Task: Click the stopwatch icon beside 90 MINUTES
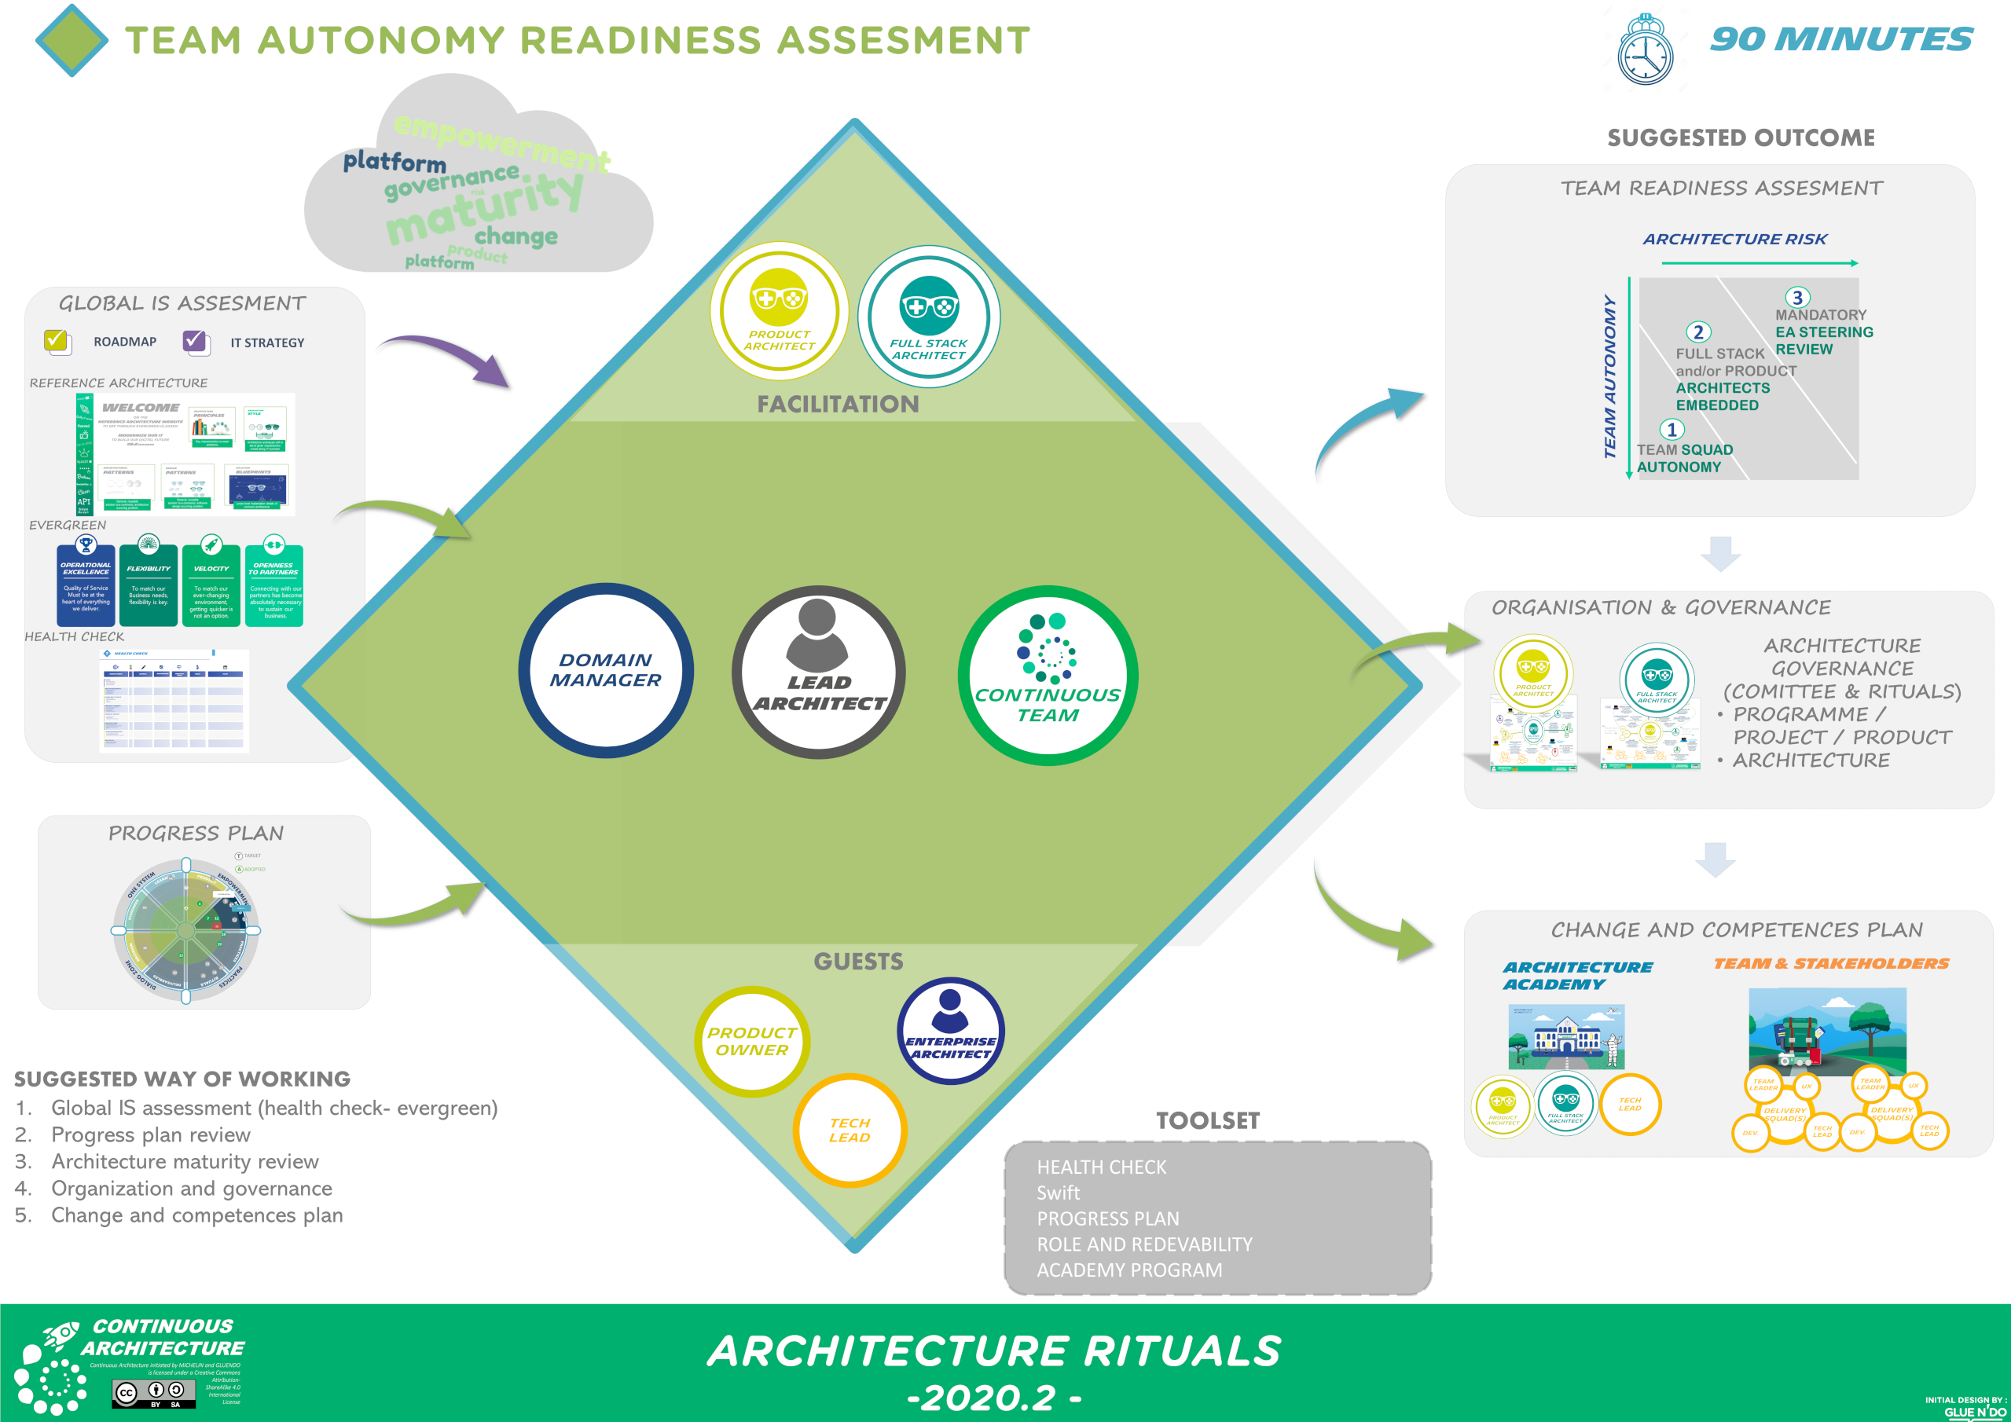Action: (1644, 51)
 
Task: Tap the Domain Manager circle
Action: (605, 670)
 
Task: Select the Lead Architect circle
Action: (818, 672)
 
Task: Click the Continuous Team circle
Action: (1048, 675)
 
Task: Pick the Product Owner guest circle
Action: (751, 1041)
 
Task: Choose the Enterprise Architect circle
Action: (950, 1031)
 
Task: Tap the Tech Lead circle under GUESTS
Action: (849, 1130)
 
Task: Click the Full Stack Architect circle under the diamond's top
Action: (928, 316)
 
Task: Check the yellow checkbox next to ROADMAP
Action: (57, 341)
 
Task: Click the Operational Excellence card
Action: (86, 583)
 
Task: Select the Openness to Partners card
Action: (274, 583)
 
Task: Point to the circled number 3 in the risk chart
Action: (1796, 298)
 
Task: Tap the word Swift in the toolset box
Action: (1058, 1193)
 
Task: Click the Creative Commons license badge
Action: (153, 1392)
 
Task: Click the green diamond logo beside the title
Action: (72, 40)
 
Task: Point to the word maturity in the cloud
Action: (483, 208)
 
